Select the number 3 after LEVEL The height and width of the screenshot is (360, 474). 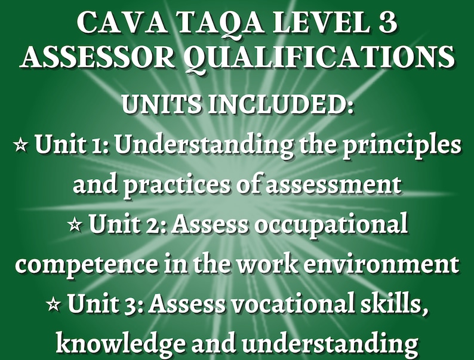383,23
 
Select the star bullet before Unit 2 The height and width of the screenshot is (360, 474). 75,226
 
